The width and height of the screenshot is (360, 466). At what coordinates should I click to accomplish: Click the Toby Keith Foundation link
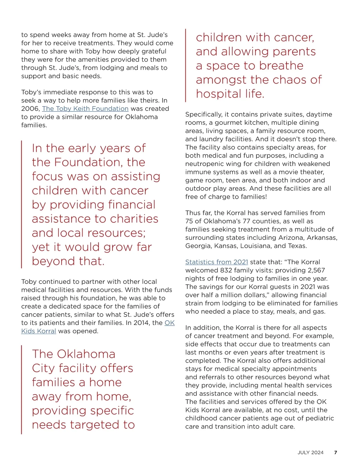tap(85, 109)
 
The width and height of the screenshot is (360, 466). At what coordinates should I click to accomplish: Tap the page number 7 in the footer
tap(335, 452)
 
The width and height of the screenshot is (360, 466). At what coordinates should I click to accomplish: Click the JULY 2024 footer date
tap(310, 452)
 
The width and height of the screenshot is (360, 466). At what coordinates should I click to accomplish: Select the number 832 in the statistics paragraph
tap(227, 270)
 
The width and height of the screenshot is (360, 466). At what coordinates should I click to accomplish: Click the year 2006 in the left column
tap(30, 109)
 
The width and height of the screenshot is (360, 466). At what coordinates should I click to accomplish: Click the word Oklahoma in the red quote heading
tap(86, 354)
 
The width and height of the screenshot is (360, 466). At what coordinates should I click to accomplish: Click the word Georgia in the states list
tap(197, 246)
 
